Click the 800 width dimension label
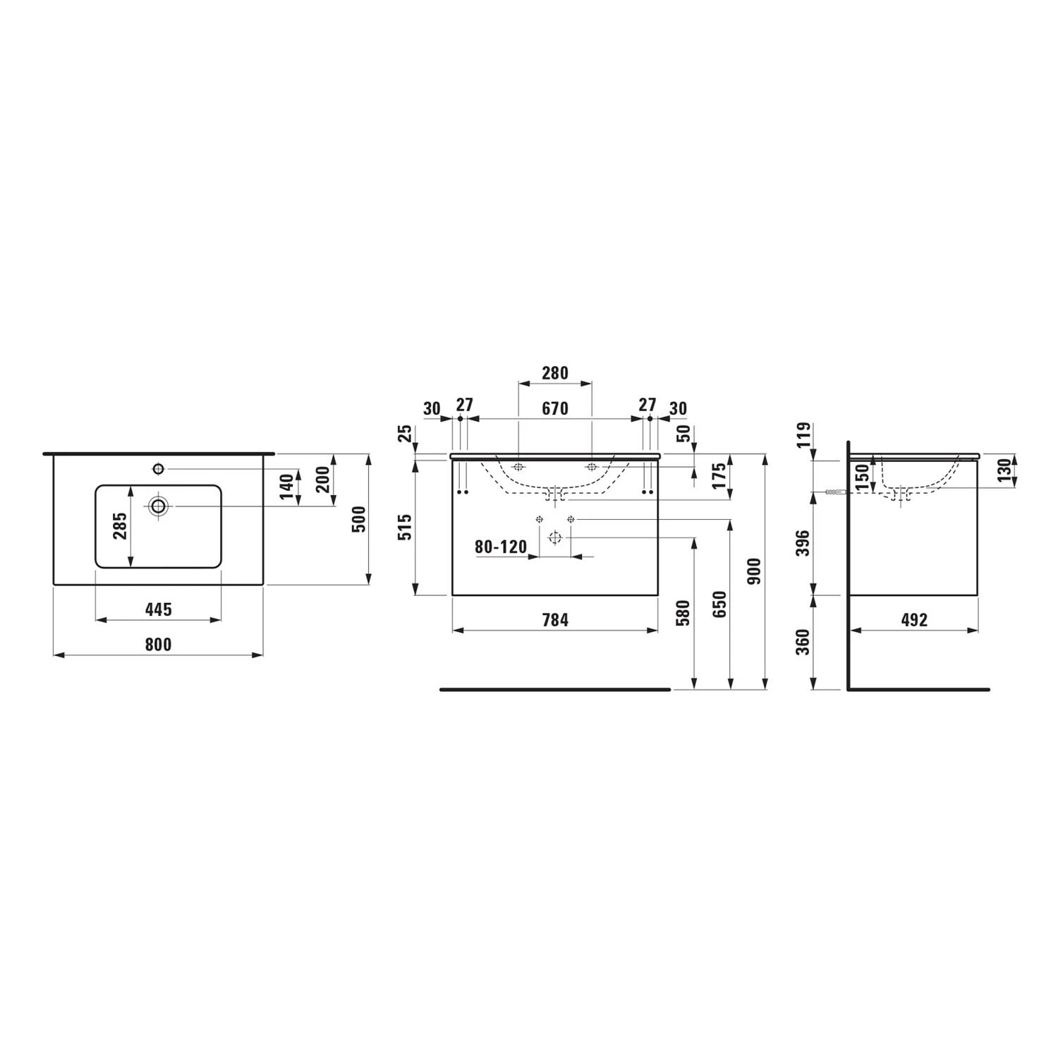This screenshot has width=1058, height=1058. [x=158, y=644]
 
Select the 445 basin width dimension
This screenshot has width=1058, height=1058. [x=158, y=609]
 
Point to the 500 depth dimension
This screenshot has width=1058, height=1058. [x=360, y=519]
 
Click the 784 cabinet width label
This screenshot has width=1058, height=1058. [x=555, y=619]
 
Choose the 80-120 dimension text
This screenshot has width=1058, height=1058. [x=501, y=547]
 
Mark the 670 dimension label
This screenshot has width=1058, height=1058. [x=555, y=409]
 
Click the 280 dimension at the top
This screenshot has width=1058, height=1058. [x=555, y=372]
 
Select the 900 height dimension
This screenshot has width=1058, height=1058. [x=753, y=572]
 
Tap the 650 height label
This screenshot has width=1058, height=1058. [x=719, y=604]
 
